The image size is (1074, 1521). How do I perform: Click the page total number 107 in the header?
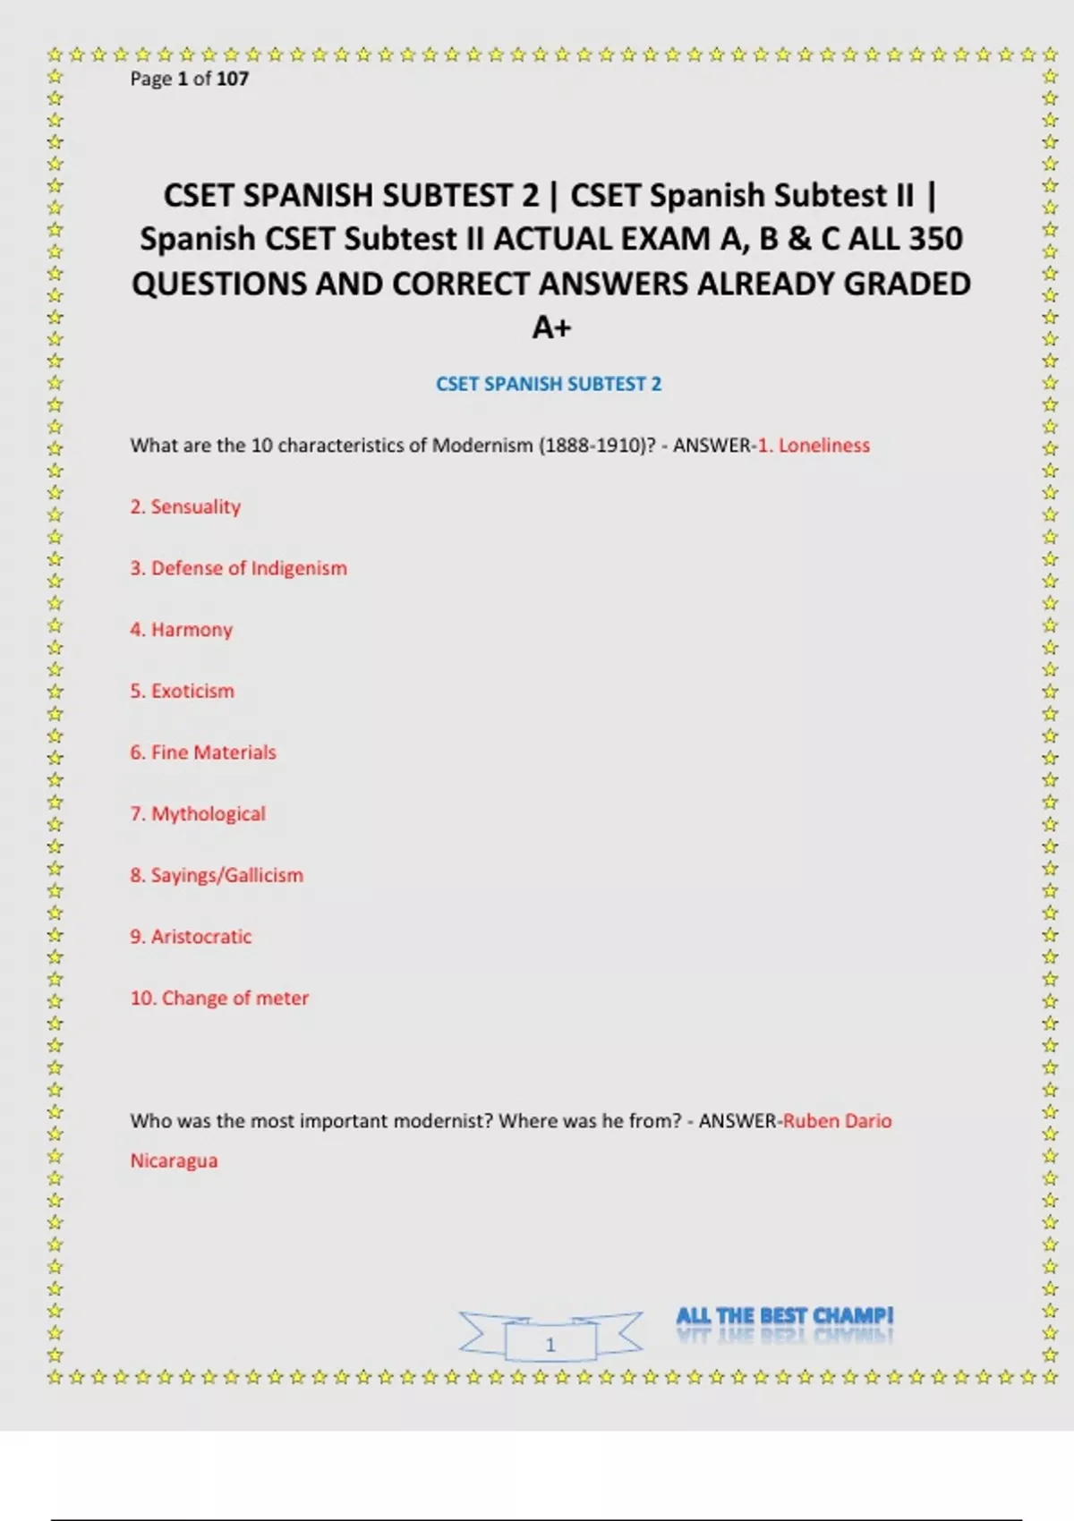click(x=233, y=79)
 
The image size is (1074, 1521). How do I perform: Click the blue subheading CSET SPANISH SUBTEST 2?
click(x=549, y=384)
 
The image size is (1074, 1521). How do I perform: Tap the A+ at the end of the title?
click(x=551, y=327)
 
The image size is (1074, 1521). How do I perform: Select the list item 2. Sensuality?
click(x=185, y=506)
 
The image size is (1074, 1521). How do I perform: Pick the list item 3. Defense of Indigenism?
click(x=238, y=568)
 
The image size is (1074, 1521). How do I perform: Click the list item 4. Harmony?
click(x=181, y=630)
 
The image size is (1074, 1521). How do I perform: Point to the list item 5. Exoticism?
click(x=182, y=691)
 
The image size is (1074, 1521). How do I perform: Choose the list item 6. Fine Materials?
click(x=203, y=752)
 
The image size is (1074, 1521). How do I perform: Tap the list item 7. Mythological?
click(x=198, y=814)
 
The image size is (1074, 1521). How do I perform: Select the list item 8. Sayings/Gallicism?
click(x=217, y=875)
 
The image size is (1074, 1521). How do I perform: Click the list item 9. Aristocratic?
click(x=191, y=937)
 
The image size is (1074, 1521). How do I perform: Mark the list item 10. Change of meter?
click(x=219, y=998)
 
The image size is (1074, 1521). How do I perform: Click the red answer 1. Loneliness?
click(x=814, y=446)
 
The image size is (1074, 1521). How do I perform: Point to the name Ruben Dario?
click(x=838, y=1121)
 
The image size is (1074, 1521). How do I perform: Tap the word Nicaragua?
click(x=174, y=1160)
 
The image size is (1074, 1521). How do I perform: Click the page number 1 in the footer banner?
click(x=550, y=1344)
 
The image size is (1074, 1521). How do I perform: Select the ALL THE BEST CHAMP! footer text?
click(x=784, y=1316)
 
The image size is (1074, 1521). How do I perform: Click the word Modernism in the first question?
click(x=482, y=446)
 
